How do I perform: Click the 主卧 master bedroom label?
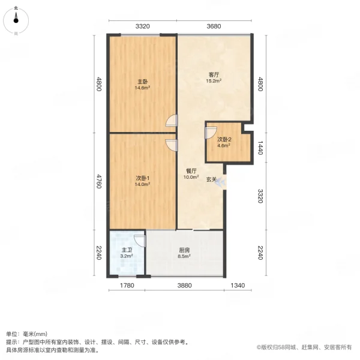[x=142, y=82]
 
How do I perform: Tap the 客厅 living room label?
[x=214, y=74]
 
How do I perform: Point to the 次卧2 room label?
[x=224, y=139]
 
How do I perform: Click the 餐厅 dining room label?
[x=191, y=171]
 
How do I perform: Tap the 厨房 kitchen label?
[x=184, y=250]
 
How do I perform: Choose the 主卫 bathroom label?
[x=127, y=250]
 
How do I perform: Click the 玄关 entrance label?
[x=211, y=179]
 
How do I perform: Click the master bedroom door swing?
[x=172, y=121]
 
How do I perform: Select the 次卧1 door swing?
[x=172, y=146]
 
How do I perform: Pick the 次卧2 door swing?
[x=211, y=133]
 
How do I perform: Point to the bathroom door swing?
[x=140, y=241]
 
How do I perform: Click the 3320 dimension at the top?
[x=143, y=26]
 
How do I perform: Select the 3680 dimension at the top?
[x=214, y=26]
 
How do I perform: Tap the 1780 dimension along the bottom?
[x=127, y=286]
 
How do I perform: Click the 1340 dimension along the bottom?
[x=238, y=286]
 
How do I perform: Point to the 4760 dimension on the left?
[x=99, y=181]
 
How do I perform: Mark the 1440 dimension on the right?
[x=260, y=148]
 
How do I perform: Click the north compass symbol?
[x=16, y=20]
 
